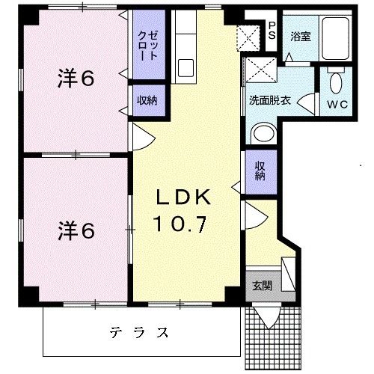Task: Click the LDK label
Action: tap(185, 197)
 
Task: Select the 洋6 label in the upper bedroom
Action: tap(76, 78)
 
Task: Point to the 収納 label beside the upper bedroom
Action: tap(145, 100)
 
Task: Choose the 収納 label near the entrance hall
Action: tap(260, 171)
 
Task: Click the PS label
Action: tap(272, 30)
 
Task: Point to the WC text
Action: tap(337, 104)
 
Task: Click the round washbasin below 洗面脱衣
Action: tap(261, 134)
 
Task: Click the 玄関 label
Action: tap(261, 286)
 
